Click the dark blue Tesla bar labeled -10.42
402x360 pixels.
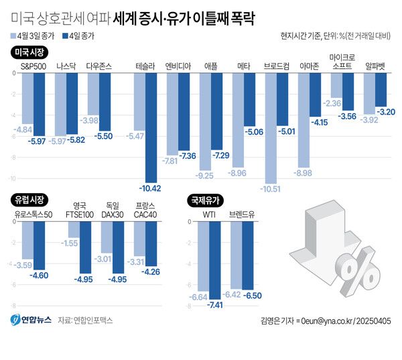click(x=151, y=127)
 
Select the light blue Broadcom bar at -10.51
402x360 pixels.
click(x=271, y=127)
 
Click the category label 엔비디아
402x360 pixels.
click(x=178, y=66)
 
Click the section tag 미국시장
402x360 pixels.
click(x=28, y=52)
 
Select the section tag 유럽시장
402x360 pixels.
click(x=28, y=199)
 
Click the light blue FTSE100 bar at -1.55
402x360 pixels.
click(x=74, y=230)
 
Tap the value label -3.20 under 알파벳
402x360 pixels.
click(x=386, y=111)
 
